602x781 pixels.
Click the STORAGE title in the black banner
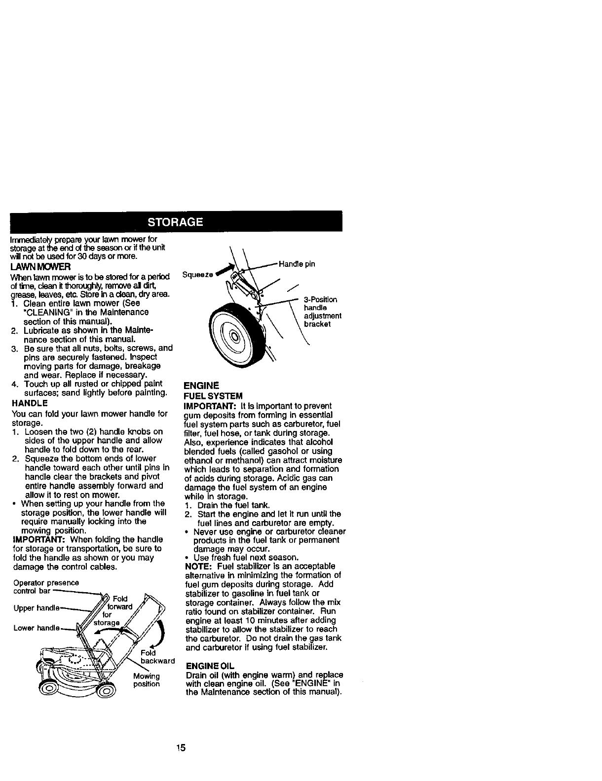click(x=176, y=221)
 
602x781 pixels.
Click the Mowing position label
click(x=146, y=680)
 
